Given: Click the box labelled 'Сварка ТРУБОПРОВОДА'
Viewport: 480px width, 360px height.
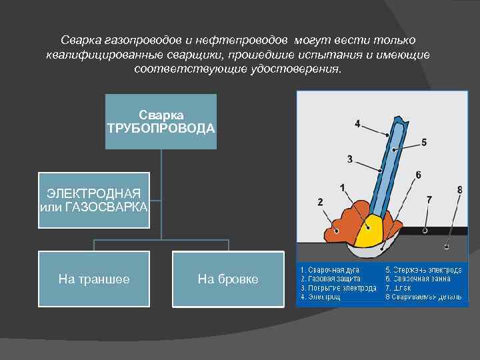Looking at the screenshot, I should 161,121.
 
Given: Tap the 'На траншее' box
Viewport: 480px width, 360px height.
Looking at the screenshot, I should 94,279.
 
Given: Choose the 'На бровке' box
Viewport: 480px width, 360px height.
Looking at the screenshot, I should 228,279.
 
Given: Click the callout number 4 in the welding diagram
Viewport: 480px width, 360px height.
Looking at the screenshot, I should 357,123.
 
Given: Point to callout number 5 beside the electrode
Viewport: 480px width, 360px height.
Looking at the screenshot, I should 424,142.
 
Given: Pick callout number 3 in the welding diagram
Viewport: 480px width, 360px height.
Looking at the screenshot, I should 350,159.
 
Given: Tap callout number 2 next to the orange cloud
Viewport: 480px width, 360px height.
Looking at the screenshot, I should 321,201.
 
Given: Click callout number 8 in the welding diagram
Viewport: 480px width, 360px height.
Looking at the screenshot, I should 459,190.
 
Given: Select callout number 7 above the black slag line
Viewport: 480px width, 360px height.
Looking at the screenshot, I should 429,199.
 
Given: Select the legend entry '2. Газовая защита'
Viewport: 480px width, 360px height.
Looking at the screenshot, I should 331,279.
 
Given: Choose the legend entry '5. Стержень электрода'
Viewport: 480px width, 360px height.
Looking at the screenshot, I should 423,270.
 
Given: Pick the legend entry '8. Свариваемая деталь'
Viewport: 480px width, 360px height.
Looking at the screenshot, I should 423,296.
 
